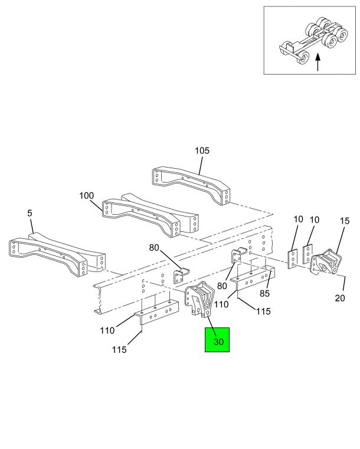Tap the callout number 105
(x=202, y=151)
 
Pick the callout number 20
(x=340, y=297)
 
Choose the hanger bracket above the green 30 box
(x=199, y=301)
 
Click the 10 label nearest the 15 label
(x=315, y=220)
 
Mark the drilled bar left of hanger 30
(x=156, y=316)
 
